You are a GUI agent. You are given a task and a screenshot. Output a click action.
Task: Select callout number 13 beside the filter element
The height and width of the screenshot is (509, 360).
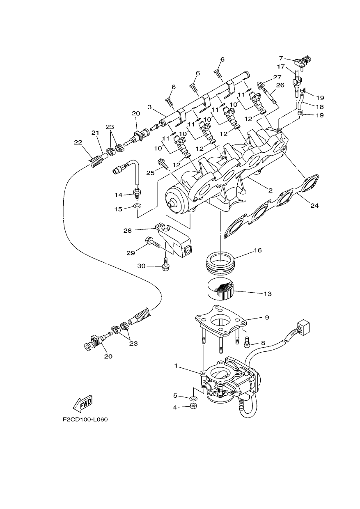pyautogui.click(x=268, y=294)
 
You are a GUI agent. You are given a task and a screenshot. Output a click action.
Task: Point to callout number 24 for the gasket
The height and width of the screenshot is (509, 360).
pyautogui.click(x=314, y=206)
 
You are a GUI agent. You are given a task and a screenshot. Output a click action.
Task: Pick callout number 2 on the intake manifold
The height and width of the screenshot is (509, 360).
pyautogui.click(x=270, y=190)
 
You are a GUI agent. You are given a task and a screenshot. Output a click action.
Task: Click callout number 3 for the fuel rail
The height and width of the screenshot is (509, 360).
pyautogui.click(x=149, y=107)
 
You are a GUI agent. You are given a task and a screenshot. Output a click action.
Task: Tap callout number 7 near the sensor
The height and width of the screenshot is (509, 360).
pyautogui.click(x=281, y=59)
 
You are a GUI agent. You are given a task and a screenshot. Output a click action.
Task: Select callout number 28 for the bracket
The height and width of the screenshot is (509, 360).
pyautogui.click(x=128, y=231)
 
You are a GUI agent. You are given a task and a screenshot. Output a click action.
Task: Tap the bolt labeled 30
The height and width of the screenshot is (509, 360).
pyautogui.click(x=165, y=265)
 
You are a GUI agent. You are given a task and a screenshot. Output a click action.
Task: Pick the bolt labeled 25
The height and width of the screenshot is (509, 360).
pyautogui.click(x=163, y=164)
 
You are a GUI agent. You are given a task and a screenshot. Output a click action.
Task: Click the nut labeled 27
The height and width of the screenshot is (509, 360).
pyautogui.click(x=260, y=85)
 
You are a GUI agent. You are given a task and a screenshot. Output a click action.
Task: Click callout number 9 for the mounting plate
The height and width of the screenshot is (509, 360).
pyautogui.click(x=267, y=317)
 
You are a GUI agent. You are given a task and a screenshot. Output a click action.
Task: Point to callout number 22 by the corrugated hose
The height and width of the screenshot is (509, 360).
pyautogui.click(x=78, y=142)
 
